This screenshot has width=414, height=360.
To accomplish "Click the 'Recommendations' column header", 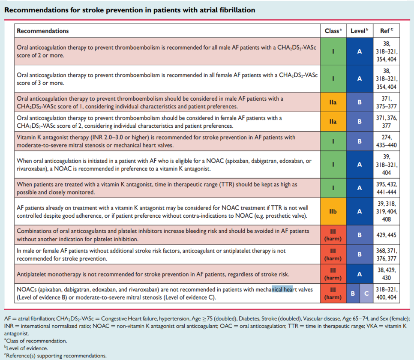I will tap(42, 31).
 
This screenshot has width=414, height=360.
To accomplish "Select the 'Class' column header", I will tap(333, 31).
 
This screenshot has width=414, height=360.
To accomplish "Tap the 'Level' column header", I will tap(359, 31).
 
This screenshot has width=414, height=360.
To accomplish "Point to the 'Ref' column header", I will tap(386, 31).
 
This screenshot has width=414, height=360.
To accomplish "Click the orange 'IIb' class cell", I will tap(333, 212).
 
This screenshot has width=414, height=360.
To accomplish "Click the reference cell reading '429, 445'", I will tap(386, 235).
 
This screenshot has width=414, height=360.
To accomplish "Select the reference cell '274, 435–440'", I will tap(386, 141).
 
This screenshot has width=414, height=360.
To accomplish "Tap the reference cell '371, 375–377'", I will tap(386, 102).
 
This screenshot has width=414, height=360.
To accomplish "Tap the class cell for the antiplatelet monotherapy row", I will tap(333, 274).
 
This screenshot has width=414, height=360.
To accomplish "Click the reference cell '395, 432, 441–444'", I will tap(386, 188).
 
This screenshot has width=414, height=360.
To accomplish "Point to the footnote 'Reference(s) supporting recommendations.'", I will tap(56, 356).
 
